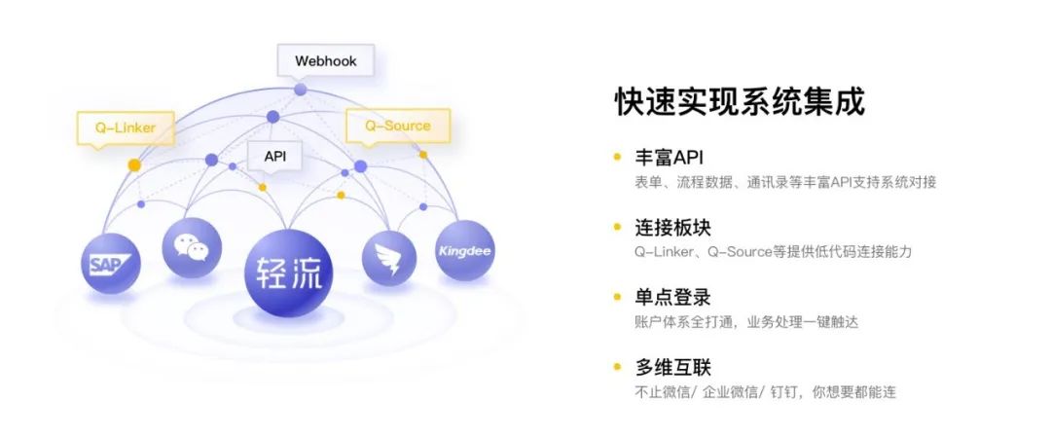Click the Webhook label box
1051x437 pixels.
[325, 61]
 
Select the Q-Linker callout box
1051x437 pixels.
[126, 127]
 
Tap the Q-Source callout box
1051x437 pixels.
[397, 126]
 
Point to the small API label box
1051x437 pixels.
[274, 157]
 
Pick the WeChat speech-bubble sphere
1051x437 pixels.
[192, 247]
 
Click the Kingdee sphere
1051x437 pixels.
[464, 250]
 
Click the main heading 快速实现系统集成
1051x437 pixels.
[740, 102]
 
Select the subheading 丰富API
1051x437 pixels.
[669, 158]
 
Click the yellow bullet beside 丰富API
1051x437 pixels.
[617, 158]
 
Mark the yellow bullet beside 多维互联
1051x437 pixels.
[617, 367]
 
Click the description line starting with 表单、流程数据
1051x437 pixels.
[785, 182]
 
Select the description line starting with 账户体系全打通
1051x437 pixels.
[746, 322]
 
